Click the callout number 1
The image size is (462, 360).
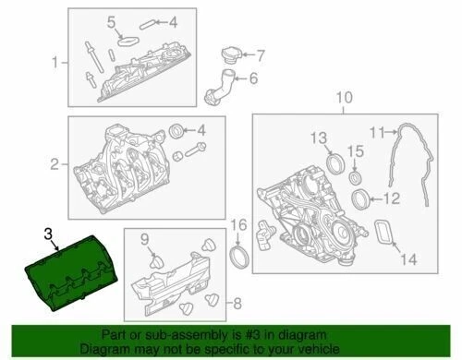pyautogui.click(x=54, y=63)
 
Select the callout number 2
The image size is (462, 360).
pyautogui.click(x=54, y=165)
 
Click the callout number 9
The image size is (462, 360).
pyautogui.click(x=145, y=242)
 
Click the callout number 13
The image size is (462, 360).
pyautogui.click(x=318, y=138)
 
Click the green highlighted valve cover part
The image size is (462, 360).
pyautogui.click(x=70, y=277)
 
